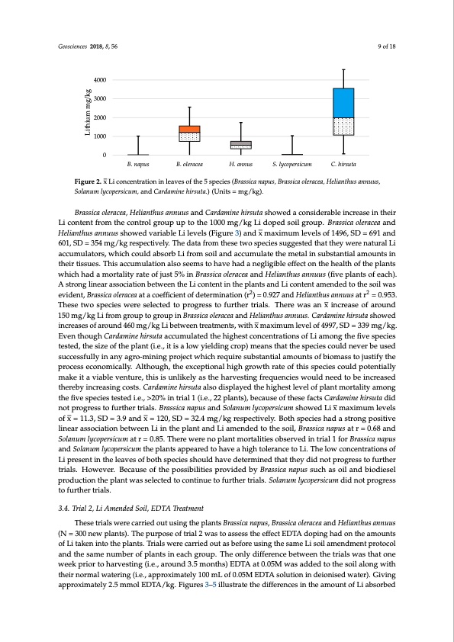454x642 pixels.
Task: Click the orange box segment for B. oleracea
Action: click(x=189, y=129)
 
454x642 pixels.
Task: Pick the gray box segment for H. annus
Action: click(x=241, y=143)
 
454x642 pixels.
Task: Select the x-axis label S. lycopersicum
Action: click(x=292, y=165)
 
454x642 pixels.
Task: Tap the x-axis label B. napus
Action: click(x=137, y=165)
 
